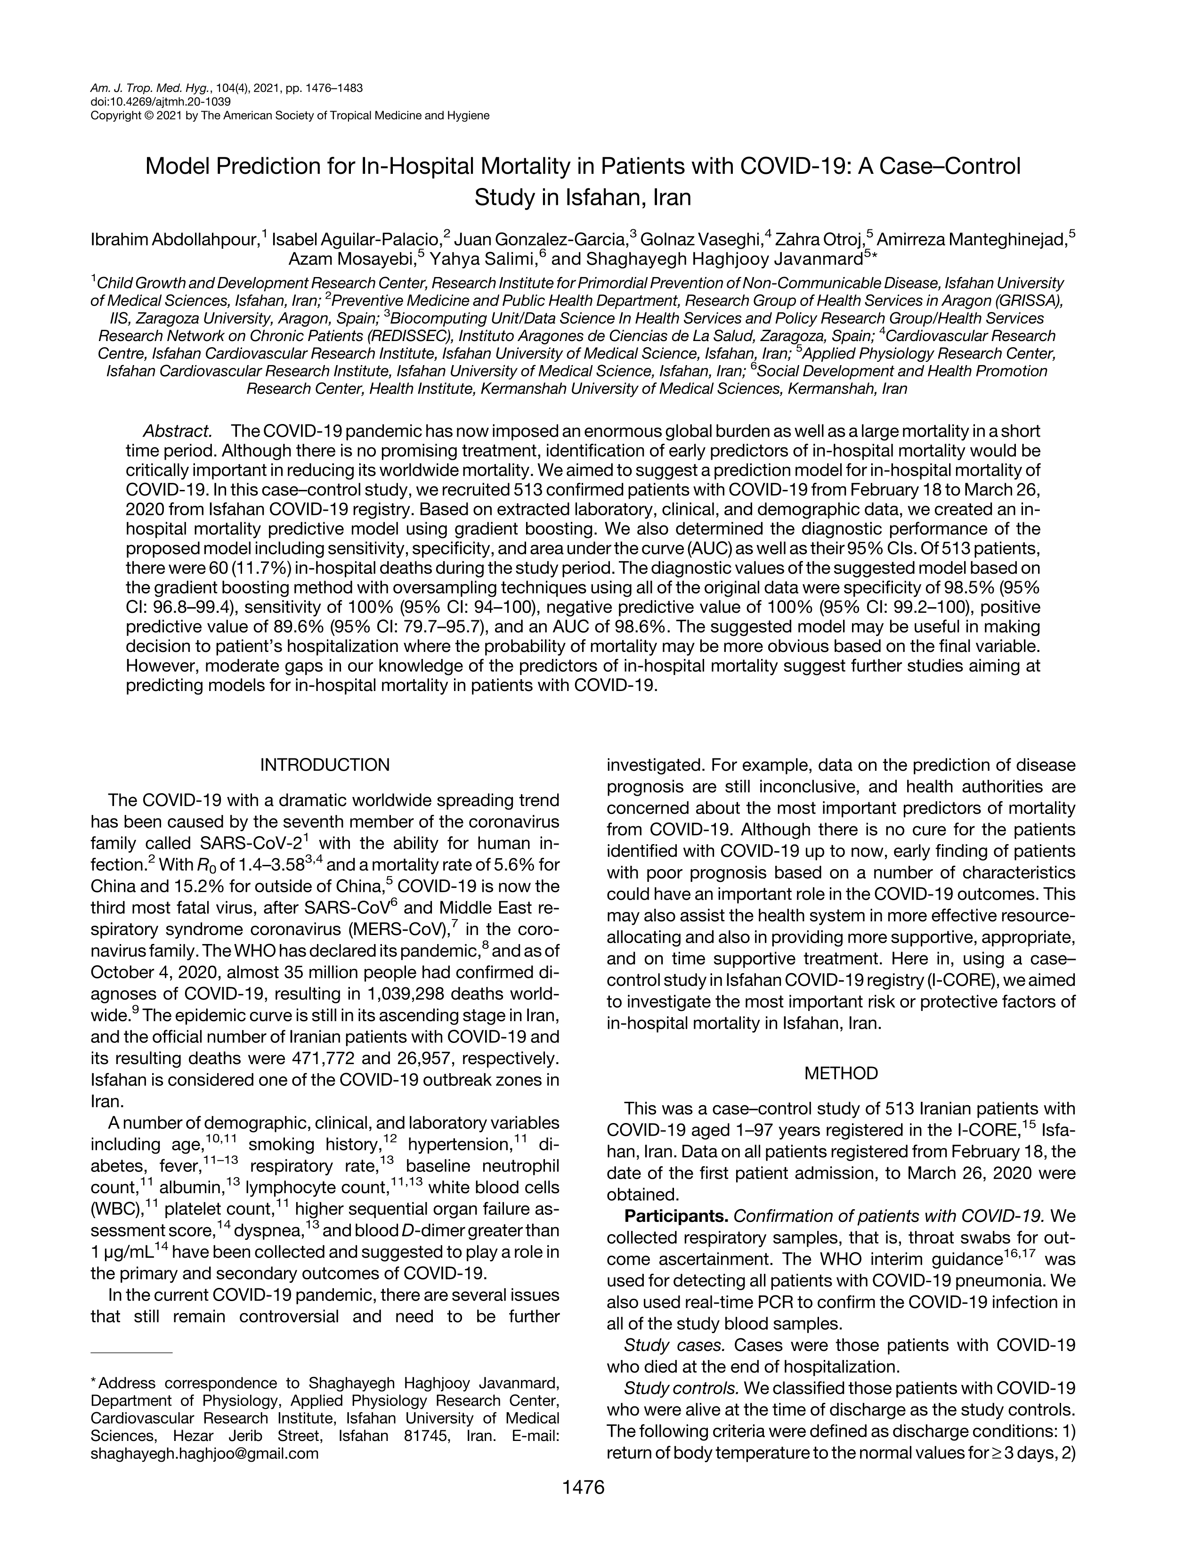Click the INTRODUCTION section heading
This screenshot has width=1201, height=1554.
tap(325, 765)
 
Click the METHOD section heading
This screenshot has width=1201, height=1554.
tap(841, 1073)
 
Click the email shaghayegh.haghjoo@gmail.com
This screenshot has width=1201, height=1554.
tap(204, 1453)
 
